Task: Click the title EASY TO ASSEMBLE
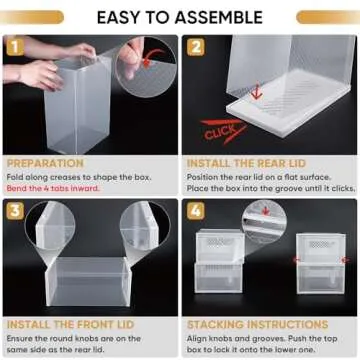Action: [x=179, y=17]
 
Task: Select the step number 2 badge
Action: [x=195, y=47]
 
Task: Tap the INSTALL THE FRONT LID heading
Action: [x=61, y=325]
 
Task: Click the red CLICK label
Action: [x=218, y=130]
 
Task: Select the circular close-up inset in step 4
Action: [x=263, y=221]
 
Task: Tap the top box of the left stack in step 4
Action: [x=219, y=246]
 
